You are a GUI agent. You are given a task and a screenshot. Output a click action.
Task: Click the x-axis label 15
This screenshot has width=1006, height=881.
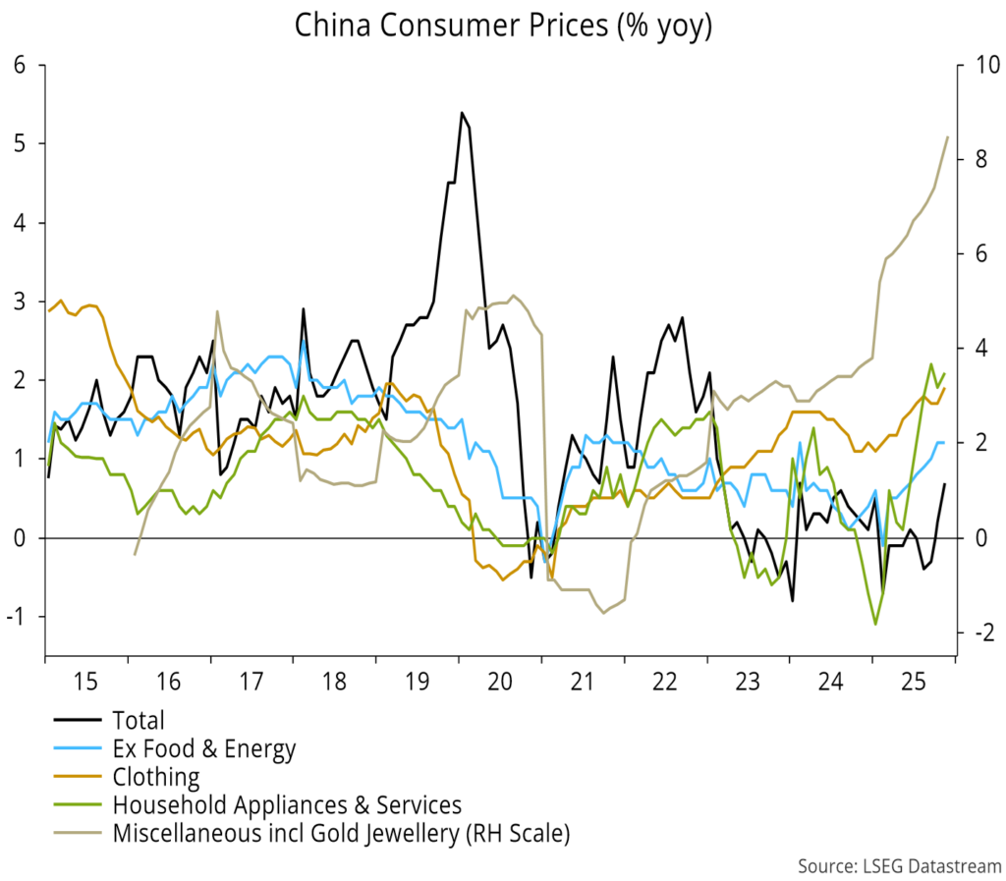[x=85, y=681]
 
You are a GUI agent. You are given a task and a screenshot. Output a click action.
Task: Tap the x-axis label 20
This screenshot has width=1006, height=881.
[x=500, y=681]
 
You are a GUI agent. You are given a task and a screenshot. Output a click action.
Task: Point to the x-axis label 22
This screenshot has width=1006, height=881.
[x=666, y=681]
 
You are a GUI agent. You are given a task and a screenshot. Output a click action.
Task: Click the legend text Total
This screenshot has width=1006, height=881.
[x=139, y=721]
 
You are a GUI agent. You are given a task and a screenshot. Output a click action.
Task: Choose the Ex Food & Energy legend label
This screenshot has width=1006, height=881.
[x=203, y=749]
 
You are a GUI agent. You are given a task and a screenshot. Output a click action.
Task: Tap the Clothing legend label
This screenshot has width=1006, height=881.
[x=156, y=778]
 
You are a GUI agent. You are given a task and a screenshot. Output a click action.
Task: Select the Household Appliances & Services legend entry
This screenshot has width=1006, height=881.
[x=287, y=806]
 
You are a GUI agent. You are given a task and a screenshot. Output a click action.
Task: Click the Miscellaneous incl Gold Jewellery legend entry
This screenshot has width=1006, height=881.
[x=341, y=835]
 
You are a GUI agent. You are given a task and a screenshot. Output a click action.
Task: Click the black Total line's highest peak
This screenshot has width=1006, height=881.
[x=462, y=113]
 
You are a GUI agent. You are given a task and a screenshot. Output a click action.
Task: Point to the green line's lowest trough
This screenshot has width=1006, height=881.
[x=875, y=624]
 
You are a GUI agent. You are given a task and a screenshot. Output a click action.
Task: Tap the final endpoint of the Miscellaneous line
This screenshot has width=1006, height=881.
[x=947, y=138]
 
